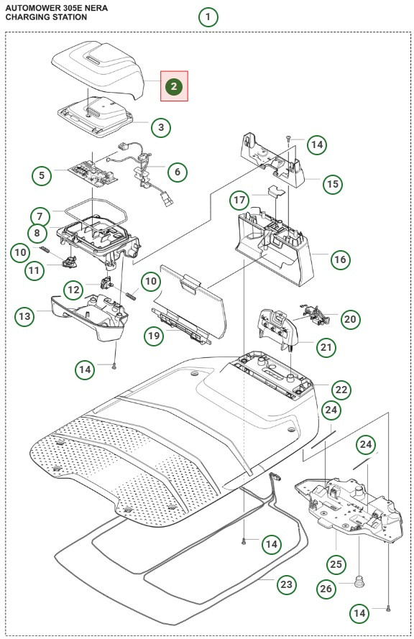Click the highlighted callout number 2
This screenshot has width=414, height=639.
tap(174, 86)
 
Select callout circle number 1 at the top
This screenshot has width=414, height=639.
tap(208, 17)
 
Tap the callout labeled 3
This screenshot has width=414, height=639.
tap(160, 128)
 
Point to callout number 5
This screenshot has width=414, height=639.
tap(42, 175)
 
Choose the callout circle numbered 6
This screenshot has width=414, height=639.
tap(177, 173)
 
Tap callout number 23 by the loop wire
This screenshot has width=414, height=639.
tap(287, 584)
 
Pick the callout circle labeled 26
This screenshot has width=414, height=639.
tap(326, 589)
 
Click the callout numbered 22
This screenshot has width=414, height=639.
tap(341, 390)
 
